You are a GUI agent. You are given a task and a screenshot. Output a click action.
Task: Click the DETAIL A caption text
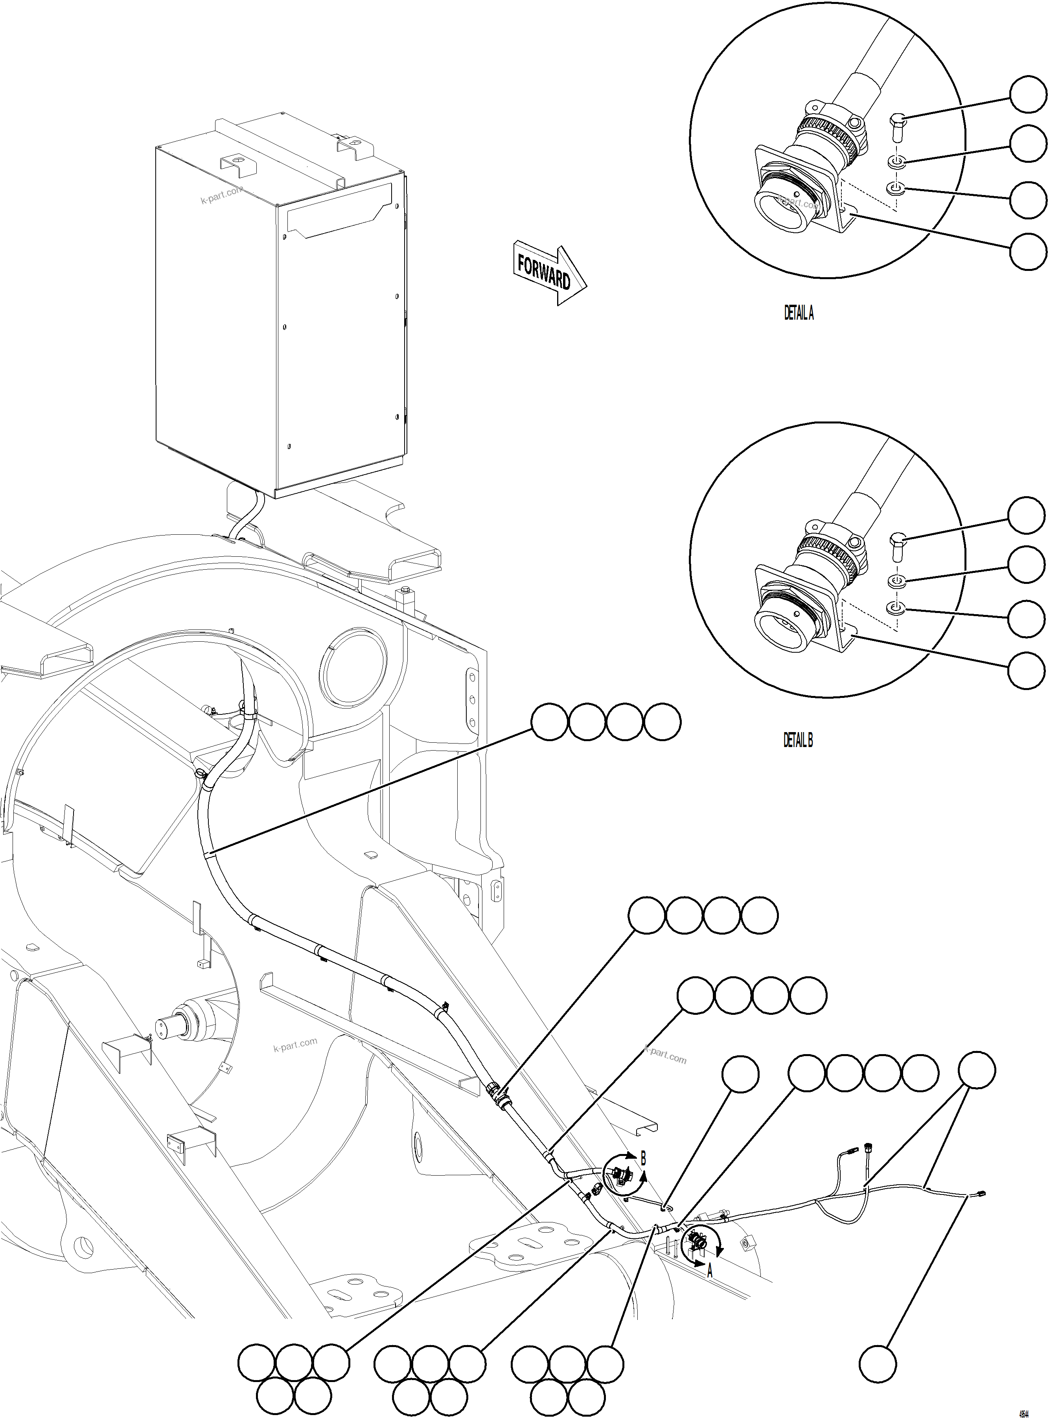point(798,313)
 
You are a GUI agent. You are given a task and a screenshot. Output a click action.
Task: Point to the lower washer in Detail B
point(895,609)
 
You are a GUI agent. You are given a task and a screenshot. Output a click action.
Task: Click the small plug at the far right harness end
point(982,1194)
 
